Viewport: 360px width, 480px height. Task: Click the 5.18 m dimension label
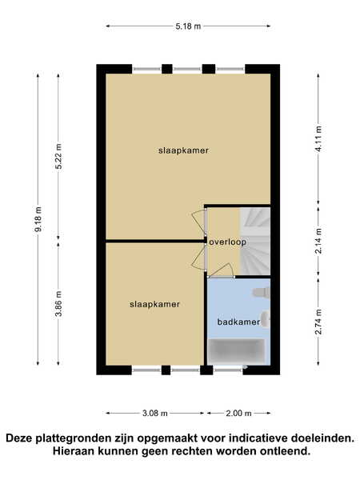click(x=188, y=26)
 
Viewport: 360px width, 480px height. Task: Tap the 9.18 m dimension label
click(x=38, y=219)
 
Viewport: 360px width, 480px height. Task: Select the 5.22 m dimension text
click(x=58, y=156)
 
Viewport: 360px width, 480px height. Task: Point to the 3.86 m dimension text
click(x=58, y=304)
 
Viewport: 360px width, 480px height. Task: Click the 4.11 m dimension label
click(x=318, y=138)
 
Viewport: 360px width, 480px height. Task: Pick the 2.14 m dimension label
click(x=318, y=241)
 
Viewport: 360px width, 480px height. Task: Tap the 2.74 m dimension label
click(x=318, y=322)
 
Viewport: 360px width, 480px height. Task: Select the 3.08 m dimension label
click(x=155, y=414)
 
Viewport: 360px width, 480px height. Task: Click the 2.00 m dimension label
click(x=238, y=414)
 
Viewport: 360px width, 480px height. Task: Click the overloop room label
click(x=227, y=242)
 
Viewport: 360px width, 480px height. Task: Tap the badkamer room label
click(x=238, y=322)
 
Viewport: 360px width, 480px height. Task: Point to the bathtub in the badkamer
click(x=236, y=350)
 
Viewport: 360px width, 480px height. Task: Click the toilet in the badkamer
click(x=261, y=292)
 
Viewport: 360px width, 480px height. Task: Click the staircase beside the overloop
click(x=255, y=241)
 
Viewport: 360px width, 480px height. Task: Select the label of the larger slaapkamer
click(x=183, y=150)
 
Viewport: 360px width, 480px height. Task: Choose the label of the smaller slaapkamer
click(x=154, y=304)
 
